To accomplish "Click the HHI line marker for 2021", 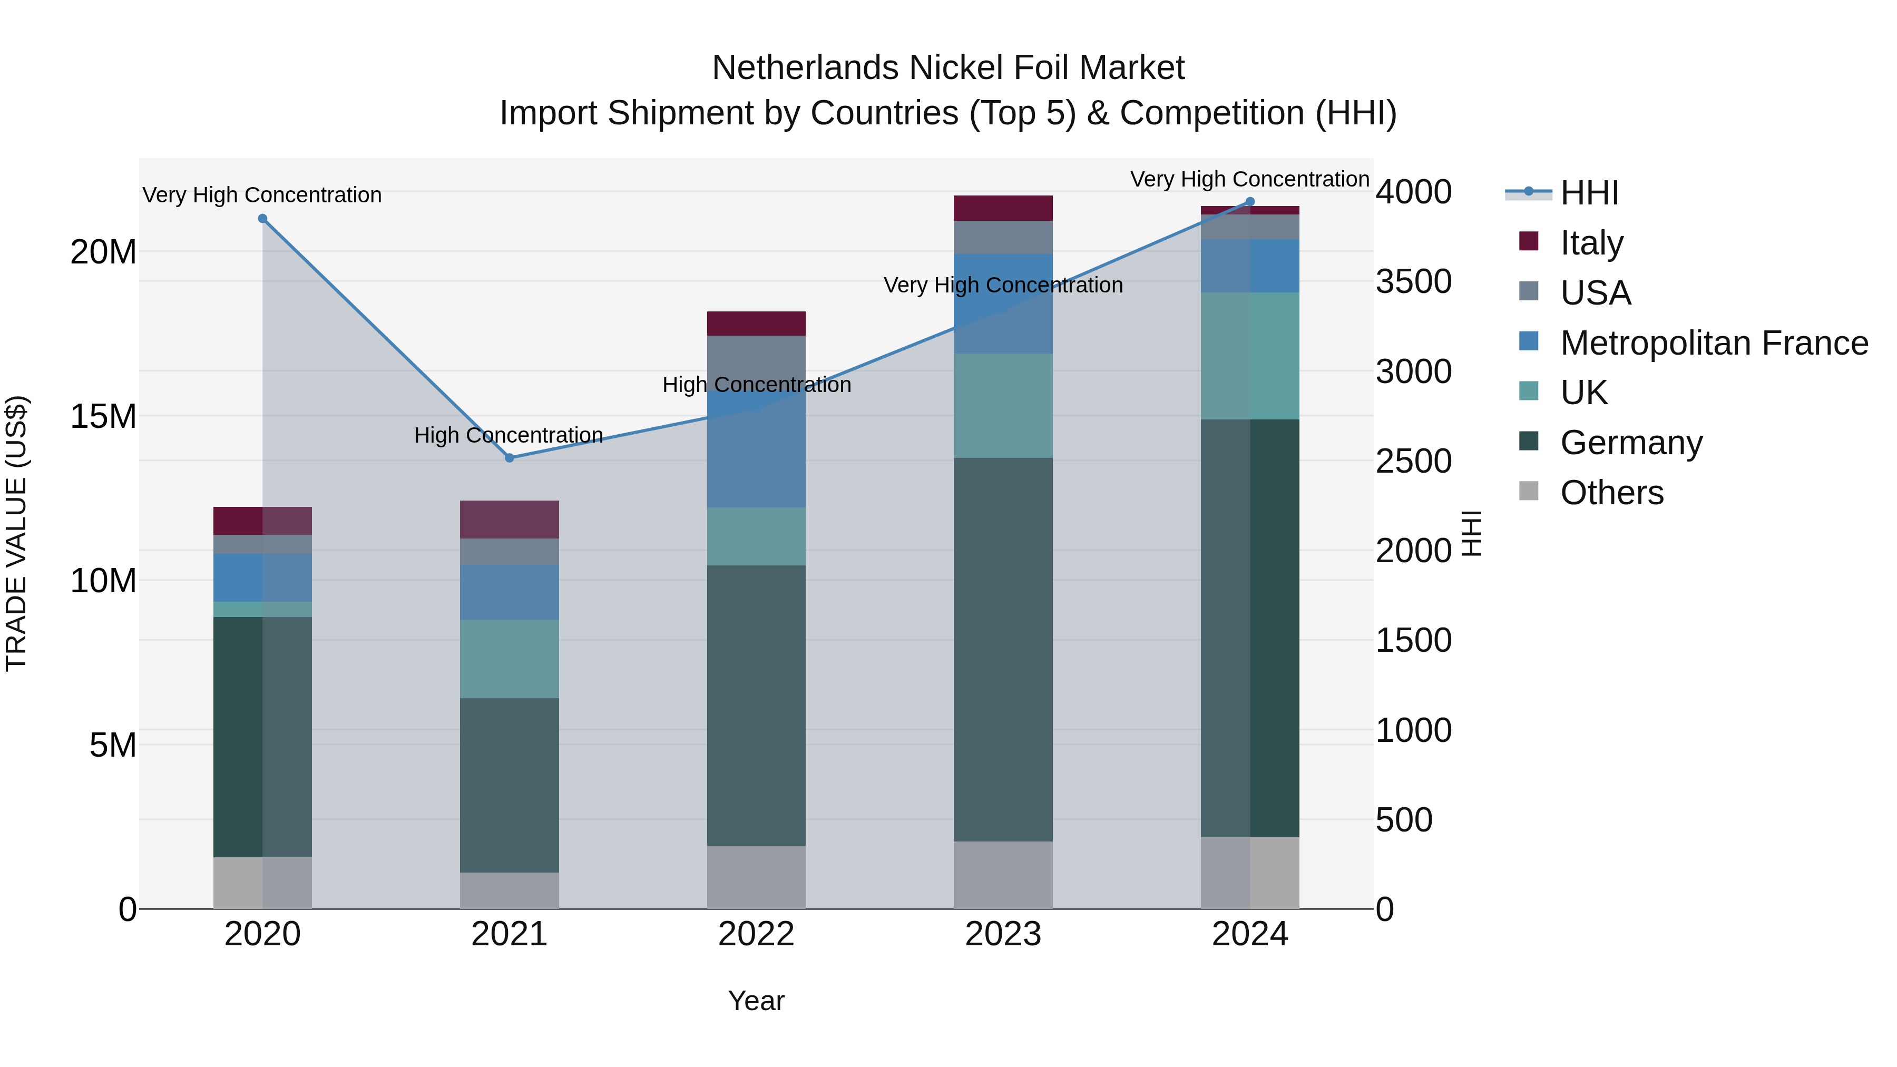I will tap(509, 458).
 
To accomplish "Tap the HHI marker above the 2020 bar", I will tap(262, 219).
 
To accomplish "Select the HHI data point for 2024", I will tap(1250, 202).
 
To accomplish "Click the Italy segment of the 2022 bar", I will tap(756, 324).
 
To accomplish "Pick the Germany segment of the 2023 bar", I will tap(1003, 648).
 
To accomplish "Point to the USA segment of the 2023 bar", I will tap(1003, 237).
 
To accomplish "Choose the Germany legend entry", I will tap(1631, 443).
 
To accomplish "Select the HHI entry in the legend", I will tap(1589, 193).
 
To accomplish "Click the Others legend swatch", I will tap(1529, 491).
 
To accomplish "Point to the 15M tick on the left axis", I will tap(103, 417).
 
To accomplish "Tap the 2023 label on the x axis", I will tap(1003, 934).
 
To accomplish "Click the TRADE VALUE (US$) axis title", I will tap(16, 533).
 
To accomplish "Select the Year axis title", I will tap(756, 1001).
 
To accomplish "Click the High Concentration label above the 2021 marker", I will tap(509, 435).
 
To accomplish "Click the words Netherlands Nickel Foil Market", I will tap(948, 68).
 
